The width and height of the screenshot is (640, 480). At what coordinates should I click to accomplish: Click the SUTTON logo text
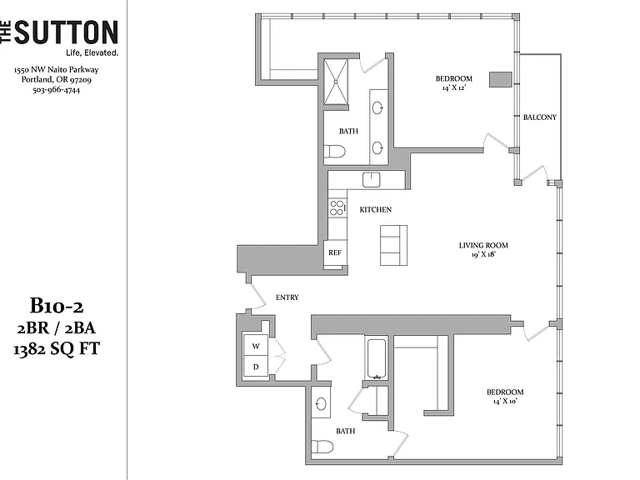click(67, 32)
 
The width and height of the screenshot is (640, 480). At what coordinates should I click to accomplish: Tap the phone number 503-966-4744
click(57, 90)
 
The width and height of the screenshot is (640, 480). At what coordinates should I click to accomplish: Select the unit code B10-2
click(57, 305)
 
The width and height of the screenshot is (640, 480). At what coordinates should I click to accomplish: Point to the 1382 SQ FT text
click(57, 349)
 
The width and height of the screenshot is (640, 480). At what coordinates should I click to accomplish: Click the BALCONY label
click(540, 117)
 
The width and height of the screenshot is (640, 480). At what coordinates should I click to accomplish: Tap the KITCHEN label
click(376, 209)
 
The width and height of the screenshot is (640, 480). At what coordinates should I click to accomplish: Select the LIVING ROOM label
click(483, 245)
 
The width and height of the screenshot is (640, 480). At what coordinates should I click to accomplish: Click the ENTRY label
click(287, 297)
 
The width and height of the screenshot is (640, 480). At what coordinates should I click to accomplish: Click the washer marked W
click(256, 345)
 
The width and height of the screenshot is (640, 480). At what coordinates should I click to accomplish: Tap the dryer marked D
click(256, 366)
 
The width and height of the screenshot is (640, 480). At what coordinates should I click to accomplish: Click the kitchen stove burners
click(337, 207)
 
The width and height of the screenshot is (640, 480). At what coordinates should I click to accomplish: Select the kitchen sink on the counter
click(371, 180)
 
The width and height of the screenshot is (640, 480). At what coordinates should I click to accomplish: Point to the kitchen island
click(393, 245)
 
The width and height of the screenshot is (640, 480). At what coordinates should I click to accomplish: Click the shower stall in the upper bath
click(336, 82)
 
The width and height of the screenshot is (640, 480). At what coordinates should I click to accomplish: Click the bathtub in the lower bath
click(377, 358)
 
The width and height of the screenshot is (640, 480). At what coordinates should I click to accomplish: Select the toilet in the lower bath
click(322, 446)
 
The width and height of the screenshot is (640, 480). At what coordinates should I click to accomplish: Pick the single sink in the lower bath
click(321, 403)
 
